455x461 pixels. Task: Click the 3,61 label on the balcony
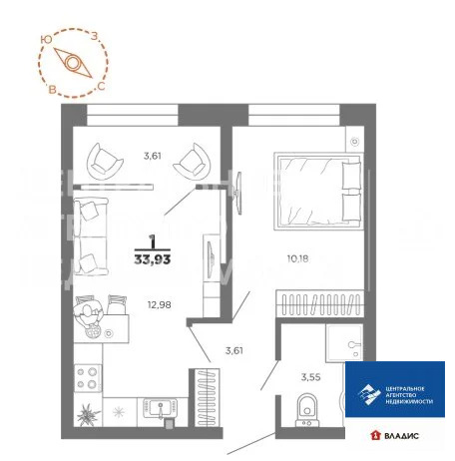point(152,156)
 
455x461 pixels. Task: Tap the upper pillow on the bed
point(352,176)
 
